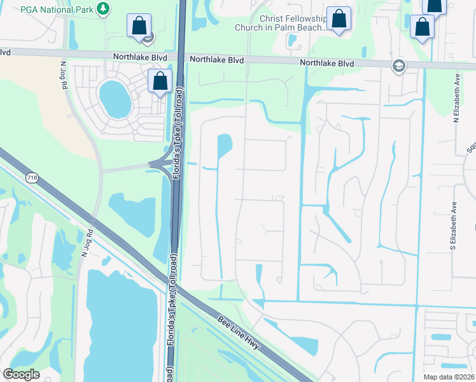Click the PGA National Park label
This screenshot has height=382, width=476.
pyautogui.click(x=57, y=8)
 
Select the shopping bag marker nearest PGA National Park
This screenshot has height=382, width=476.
pyautogui.click(x=139, y=26)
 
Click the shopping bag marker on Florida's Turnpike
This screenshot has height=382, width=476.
pyautogui.click(x=160, y=81)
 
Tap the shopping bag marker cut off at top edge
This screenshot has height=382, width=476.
pyautogui.click(x=434, y=6)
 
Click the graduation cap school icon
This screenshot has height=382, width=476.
pyautogui.click(x=398, y=66)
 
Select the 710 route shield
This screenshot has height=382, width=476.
pyautogui.click(x=32, y=177)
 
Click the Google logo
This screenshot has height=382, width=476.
pyautogui.click(x=21, y=374)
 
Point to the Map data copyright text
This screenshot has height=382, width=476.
pyautogui.click(x=448, y=376)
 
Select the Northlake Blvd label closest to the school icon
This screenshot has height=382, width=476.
pyautogui.click(x=326, y=62)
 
